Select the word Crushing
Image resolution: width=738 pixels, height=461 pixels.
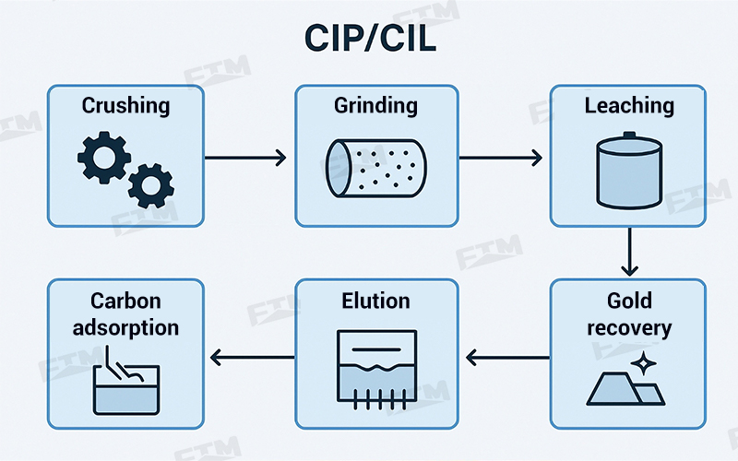[x=125, y=106]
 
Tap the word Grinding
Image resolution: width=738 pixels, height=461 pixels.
[x=375, y=106]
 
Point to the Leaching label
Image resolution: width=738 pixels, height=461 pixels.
[x=628, y=106]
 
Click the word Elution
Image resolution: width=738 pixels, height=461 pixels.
[x=375, y=301]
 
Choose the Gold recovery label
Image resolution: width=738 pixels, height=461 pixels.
[x=628, y=314]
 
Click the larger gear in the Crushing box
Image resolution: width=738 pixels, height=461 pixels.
[x=102, y=156]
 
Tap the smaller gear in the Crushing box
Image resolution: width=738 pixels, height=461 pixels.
[x=149, y=186]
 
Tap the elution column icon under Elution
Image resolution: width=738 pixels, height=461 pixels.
[x=375, y=368]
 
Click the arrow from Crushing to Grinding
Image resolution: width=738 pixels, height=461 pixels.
[x=245, y=158]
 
